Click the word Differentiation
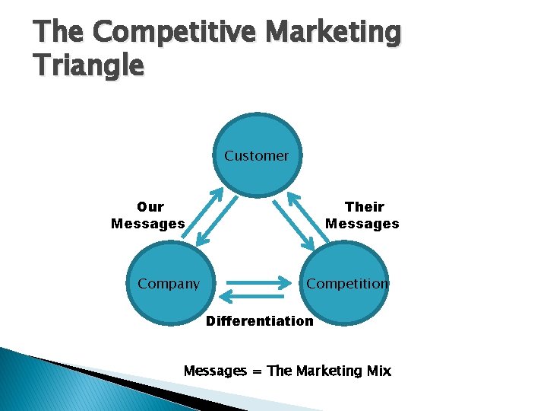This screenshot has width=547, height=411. tap(259, 320)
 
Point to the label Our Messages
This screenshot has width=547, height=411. tap(148, 215)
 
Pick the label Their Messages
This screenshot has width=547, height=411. tap(362, 215)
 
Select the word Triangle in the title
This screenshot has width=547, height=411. tap(88, 65)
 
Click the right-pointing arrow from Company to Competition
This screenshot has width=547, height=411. tap(255, 281)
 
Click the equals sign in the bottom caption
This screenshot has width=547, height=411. tap(257, 371)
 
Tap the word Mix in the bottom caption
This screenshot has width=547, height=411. tap(378, 371)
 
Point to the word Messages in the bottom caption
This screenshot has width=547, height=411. tap(215, 371)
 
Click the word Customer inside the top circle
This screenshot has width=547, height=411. tap(256, 156)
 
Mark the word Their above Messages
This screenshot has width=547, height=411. tap(364, 207)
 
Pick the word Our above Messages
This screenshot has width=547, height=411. tap(150, 207)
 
